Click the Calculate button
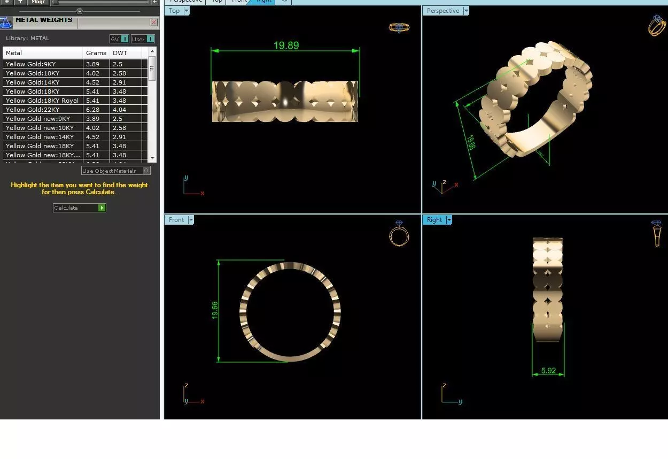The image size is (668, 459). [79, 208]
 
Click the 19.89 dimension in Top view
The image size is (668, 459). [286, 45]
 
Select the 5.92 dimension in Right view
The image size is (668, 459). [548, 370]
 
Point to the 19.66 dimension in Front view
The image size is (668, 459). [215, 310]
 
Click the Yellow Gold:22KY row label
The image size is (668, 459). [33, 110]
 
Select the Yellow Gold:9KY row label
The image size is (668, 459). [30, 64]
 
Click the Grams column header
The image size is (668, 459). [96, 53]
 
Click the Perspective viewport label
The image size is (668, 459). [442, 11]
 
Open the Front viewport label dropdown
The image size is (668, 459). [190, 220]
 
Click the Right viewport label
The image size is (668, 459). [434, 220]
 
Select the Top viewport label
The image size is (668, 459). [174, 11]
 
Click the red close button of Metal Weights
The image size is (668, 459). [154, 22]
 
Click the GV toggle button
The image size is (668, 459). [119, 39]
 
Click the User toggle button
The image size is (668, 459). [143, 39]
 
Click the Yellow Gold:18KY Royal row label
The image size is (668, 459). [42, 101]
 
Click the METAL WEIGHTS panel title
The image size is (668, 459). [44, 20]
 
